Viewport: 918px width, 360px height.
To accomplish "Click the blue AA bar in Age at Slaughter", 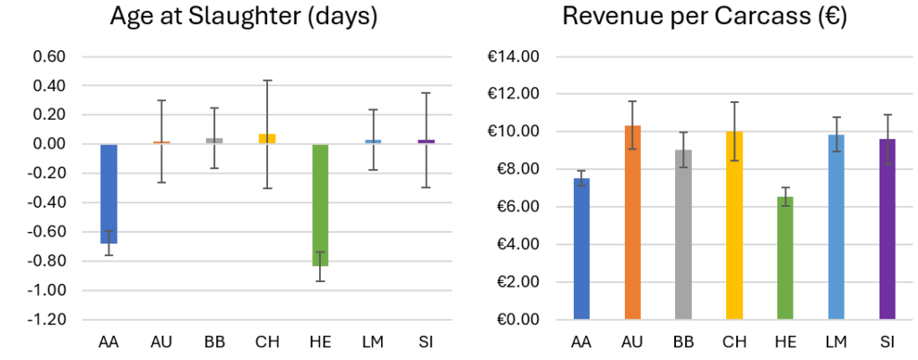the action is (x=108, y=193).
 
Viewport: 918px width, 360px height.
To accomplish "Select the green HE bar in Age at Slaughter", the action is (x=320, y=205).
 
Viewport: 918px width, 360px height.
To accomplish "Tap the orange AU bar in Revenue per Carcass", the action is (x=633, y=222).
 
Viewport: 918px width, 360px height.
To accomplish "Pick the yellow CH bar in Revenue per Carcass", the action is (x=734, y=225).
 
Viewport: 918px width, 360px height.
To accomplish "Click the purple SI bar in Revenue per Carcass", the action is (x=887, y=229).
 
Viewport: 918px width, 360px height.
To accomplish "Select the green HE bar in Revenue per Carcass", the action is (x=785, y=258).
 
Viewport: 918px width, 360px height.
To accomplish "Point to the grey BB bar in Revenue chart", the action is (x=683, y=235).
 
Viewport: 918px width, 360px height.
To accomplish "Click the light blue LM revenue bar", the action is (x=836, y=227).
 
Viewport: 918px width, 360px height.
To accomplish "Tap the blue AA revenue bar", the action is (x=582, y=248).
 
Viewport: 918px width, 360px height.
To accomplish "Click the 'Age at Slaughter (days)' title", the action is (x=244, y=16).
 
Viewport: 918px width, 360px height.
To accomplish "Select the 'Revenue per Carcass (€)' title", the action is (x=705, y=16).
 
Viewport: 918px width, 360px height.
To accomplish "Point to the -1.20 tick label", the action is (x=48, y=320).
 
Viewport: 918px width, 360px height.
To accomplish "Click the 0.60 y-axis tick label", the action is (x=51, y=57).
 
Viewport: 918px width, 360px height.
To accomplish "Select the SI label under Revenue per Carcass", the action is (x=887, y=342).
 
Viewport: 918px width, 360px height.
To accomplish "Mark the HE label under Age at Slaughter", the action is (x=320, y=342).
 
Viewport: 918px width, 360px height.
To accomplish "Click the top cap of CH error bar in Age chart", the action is (x=267, y=81).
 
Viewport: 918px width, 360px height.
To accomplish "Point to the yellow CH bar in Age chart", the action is (x=267, y=139).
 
